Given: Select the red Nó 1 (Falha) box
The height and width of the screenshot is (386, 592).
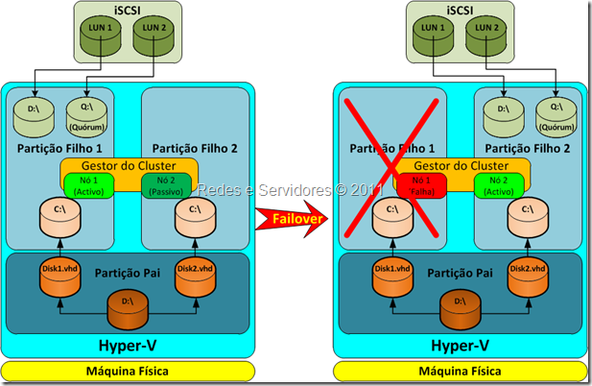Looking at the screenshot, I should coord(415,185).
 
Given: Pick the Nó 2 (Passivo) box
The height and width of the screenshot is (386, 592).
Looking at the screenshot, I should coord(168,185).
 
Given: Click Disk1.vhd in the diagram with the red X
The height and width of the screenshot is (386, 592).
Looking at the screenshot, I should coord(389,274).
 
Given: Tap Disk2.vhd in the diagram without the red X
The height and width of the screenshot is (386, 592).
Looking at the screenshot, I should coord(195,274).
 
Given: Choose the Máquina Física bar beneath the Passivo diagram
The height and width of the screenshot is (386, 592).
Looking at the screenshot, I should coord(128,371).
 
